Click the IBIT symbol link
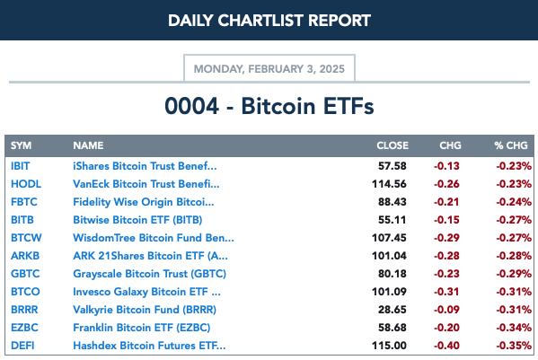[x=21, y=166]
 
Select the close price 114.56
[x=389, y=184]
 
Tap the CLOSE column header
[x=392, y=145]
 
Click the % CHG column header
[x=511, y=145]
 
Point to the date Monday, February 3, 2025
[x=269, y=69]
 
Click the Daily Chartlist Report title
[x=269, y=21]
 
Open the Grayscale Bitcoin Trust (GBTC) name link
[x=150, y=274]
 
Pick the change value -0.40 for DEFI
[x=446, y=346]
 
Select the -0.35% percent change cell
[x=514, y=346]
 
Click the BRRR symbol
[x=24, y=310]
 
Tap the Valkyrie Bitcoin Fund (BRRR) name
[x=145, y=310]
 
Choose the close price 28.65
[x=392, y=310]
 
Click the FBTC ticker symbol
[x=24, y=202]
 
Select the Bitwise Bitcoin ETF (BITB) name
[x=137, y=220]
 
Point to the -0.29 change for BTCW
[x=446, y=238]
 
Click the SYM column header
[x=21, y=145]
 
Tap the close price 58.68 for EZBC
[x=392, y=328]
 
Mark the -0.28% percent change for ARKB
[x=514, y=256]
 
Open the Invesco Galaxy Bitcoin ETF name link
[x=147, y=292]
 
